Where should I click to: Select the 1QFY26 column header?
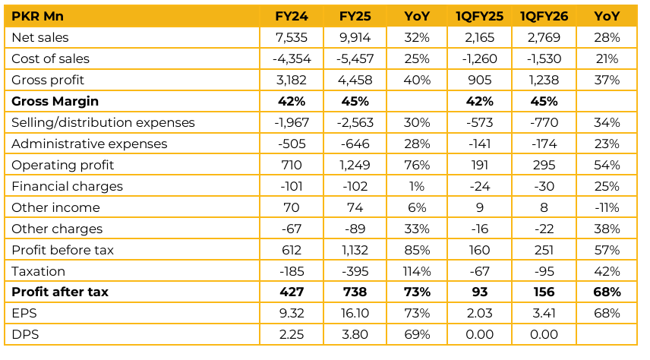click(543, 16)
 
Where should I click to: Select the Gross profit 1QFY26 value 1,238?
click(543, 80)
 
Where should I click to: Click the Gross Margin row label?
click(55, 101)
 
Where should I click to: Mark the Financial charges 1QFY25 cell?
click(480, 186)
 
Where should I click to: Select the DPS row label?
click(24, 335)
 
